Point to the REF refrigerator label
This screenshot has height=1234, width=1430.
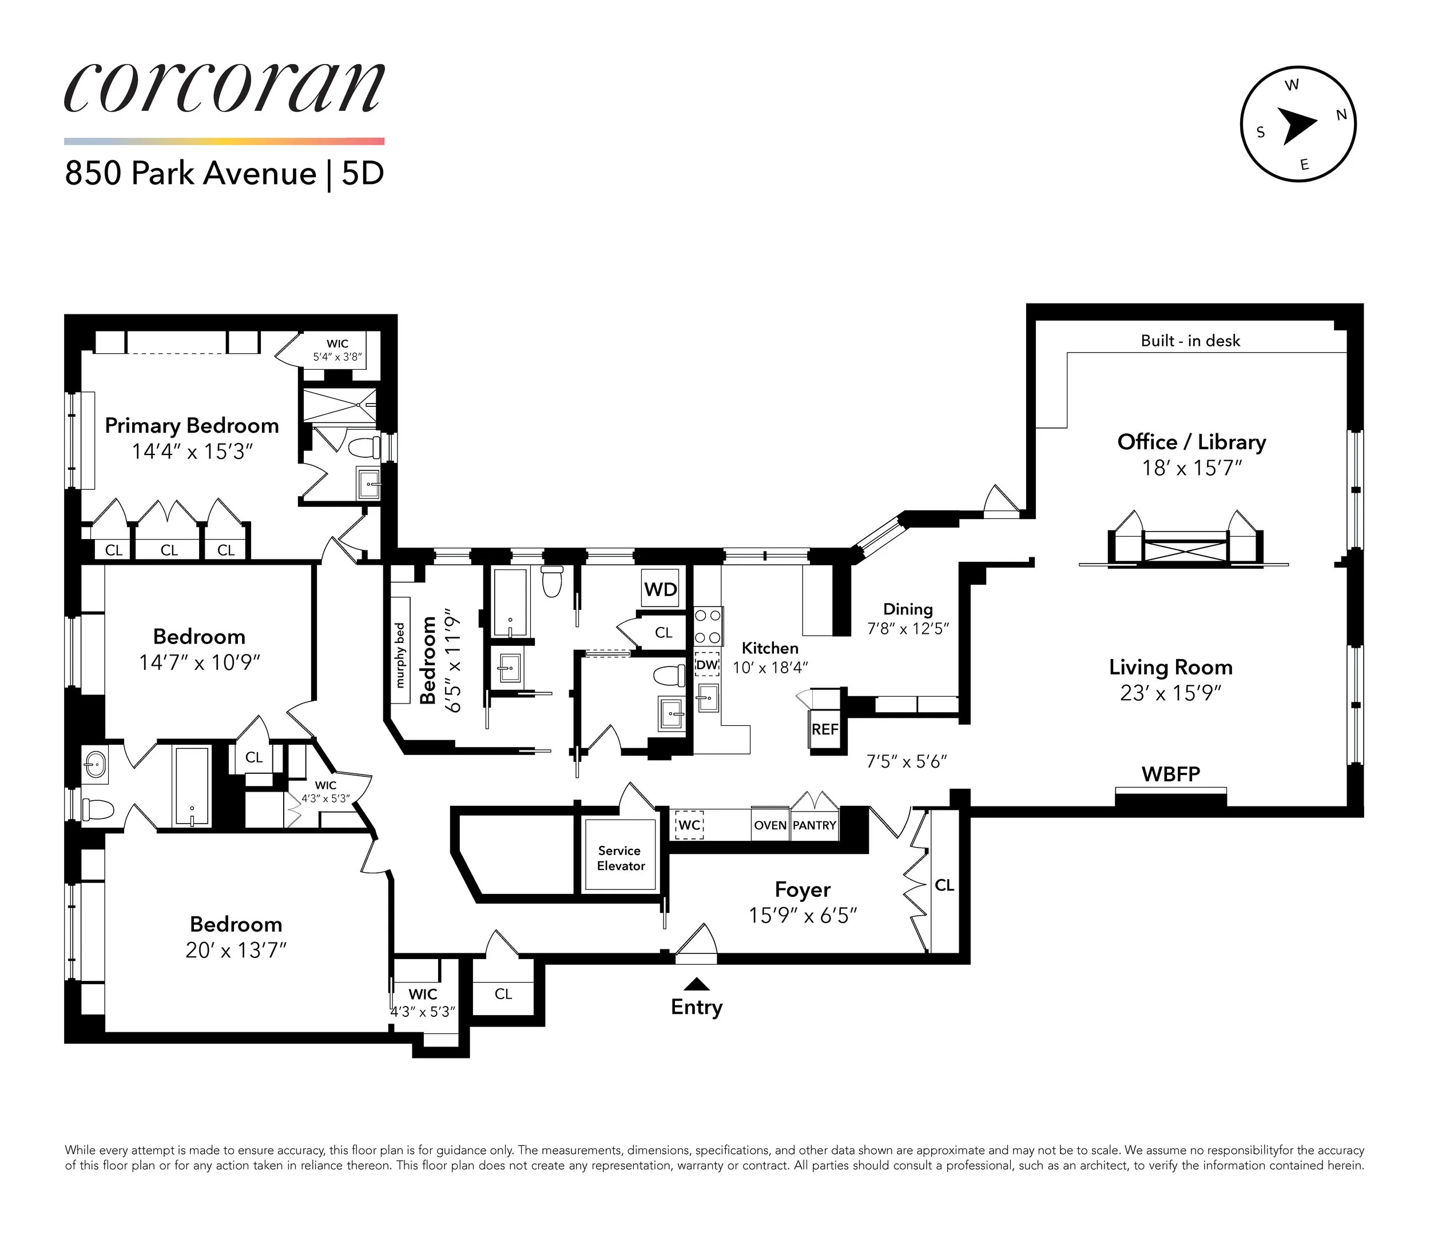pos(825,729)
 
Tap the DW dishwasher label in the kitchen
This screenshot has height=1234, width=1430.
pos(707,665)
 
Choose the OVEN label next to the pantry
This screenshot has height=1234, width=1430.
pos(769,825)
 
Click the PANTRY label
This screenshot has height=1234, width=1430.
pos(815,825)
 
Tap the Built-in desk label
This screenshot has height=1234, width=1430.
pos(1190,341)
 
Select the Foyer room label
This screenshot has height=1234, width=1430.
pos(802,890)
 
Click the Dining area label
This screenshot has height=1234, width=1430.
pos(908,609)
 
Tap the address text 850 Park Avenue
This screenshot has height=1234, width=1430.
pos(190,173)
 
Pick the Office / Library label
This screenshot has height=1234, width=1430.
pos(1191,442)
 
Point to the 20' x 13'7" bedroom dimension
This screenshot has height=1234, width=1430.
pos(236,951)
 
